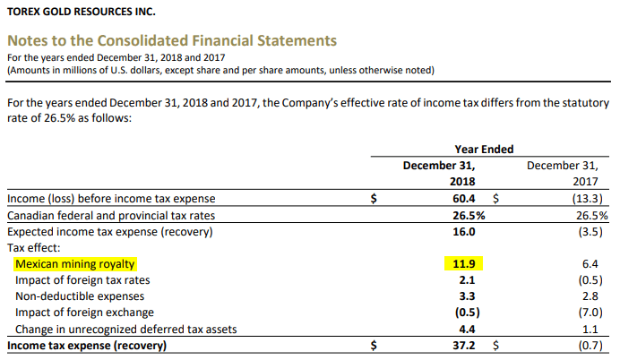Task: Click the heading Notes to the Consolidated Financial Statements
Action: tap(172, 40)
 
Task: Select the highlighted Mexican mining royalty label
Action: tap(74, 264)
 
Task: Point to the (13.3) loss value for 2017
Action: tap(590, 198)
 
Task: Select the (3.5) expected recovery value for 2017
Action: tap(594, 231)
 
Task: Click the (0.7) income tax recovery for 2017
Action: tap(594, 346)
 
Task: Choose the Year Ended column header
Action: tap(484, 149)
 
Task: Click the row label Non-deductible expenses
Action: tap(80, 296)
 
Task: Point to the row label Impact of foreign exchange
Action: tap(84, 313)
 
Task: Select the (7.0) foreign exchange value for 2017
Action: tap(594, 313)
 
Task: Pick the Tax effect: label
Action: tap(34, 247)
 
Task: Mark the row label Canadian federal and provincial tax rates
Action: tap(112, 215)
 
